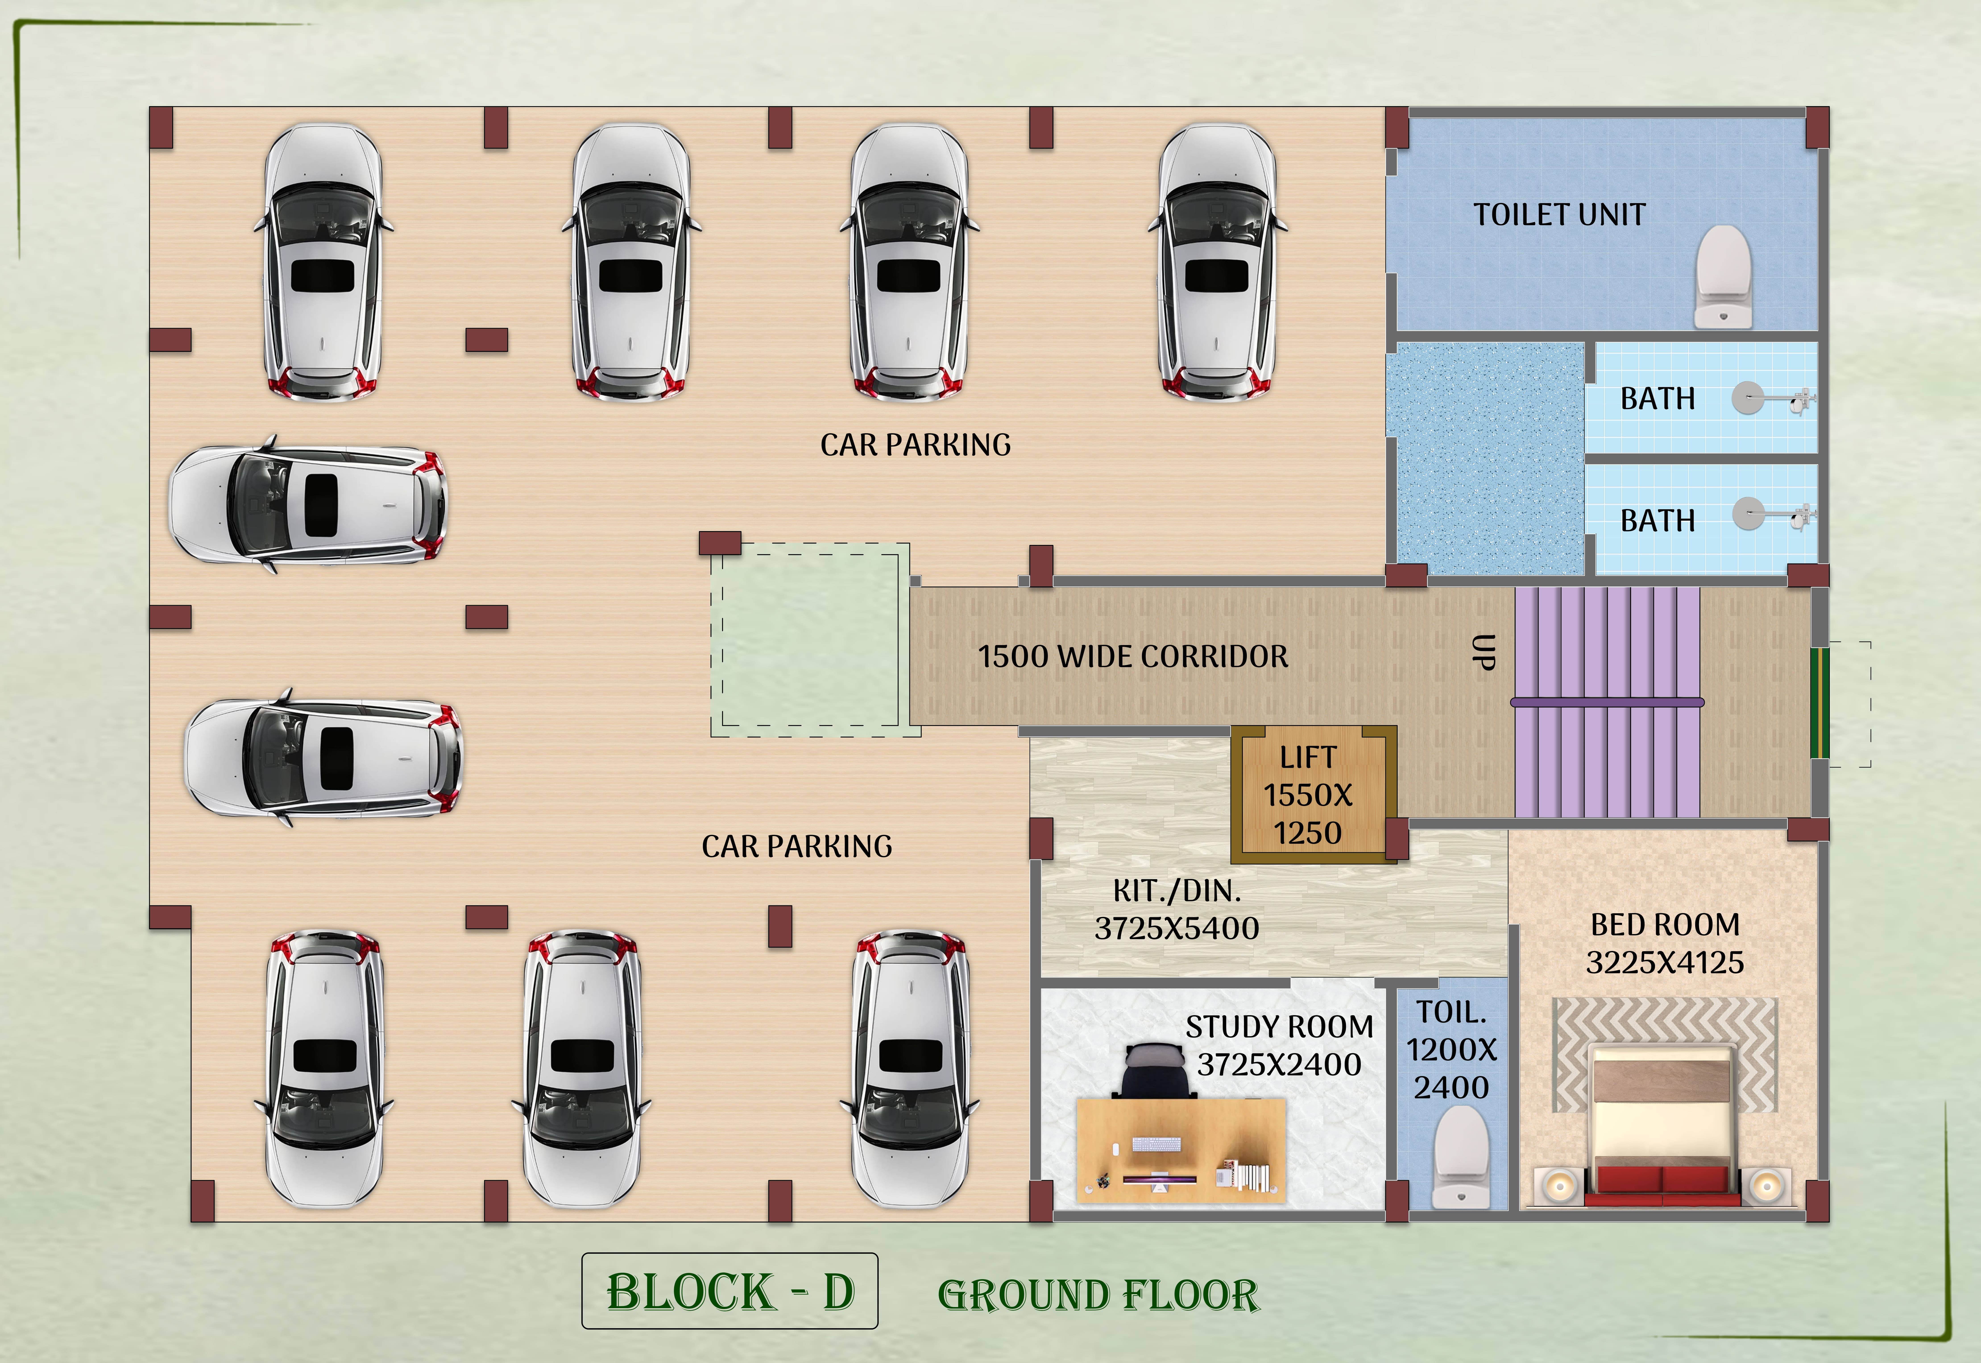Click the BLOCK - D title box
(729, 1290)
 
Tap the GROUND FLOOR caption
(1098, 1295)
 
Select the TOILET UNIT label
(1559, 214)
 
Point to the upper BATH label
(1657, 399)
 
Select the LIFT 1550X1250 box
(1313, 794)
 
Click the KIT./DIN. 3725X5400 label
(1176, 909)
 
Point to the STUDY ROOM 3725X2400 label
(1279, 1045)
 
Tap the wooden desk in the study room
(1181, 1150)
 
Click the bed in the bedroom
(1662, 1126)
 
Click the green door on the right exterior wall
(1819, 703)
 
